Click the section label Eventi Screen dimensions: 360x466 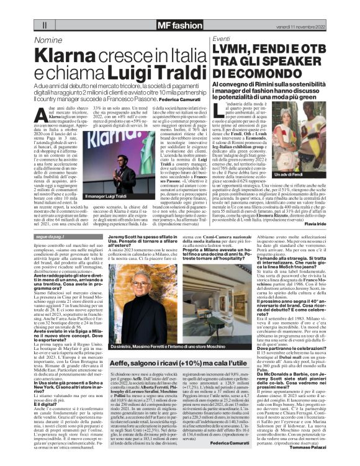point(222,39)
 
